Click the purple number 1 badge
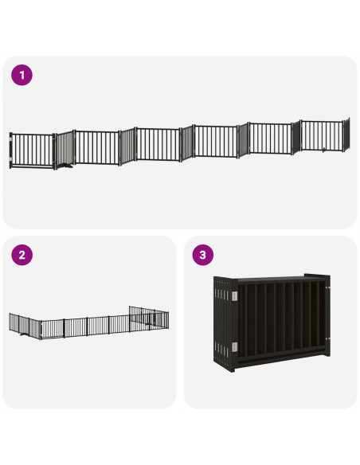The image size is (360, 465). (x=22, y=76)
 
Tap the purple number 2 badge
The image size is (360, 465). (x=22, y=256)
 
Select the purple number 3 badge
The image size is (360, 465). (x=204, y=256)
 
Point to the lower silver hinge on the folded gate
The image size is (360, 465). (x=233, y=346)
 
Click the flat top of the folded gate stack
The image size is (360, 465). (x=271, y=278)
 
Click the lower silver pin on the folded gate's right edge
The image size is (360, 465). (x=327, y=356)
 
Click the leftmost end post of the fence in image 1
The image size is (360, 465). (x=10, y=150)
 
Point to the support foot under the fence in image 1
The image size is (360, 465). (x=68, y=168)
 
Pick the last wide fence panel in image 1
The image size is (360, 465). (x=321, y=137)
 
